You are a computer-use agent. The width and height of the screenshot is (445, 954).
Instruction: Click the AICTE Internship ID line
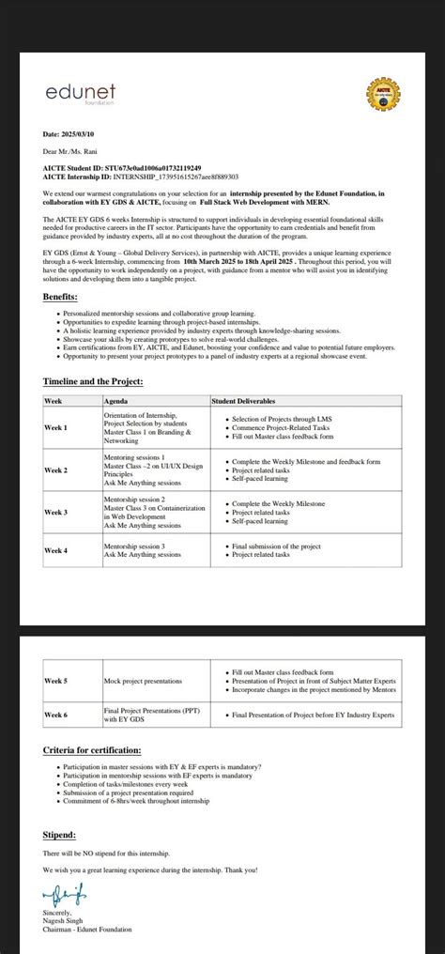pos(141,176)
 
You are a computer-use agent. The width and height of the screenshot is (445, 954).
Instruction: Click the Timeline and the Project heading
pos(93,382)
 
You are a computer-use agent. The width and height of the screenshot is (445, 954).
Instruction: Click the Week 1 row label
pos(56,428)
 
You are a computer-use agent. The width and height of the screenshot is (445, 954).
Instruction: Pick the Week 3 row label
pos(56,512)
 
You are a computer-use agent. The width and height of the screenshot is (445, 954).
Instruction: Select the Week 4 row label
pos(56,550)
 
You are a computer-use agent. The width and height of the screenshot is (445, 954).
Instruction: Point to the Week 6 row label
pos(56,715)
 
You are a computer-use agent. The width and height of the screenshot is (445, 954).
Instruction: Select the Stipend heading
pos(59,834)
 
